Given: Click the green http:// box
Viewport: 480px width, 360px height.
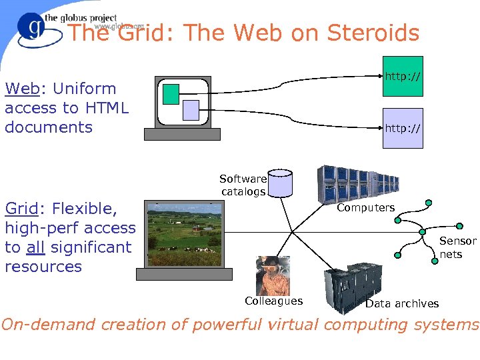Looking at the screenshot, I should [x=403, y=76].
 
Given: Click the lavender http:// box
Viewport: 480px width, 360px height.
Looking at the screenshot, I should [x=403, y=127].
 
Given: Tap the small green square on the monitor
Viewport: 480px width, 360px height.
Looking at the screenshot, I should [x=171, y=93].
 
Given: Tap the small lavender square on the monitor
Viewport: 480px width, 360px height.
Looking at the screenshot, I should [x=191, y=109].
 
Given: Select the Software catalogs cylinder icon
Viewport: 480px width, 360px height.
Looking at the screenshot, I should [x=280, y=183].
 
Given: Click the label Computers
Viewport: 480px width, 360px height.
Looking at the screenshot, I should [x=365, y=207].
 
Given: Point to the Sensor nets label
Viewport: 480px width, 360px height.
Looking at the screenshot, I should [x=458, y=247].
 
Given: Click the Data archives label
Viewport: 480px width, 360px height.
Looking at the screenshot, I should [x=402, y=303].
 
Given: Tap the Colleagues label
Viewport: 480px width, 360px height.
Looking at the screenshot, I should [x=273, y=301].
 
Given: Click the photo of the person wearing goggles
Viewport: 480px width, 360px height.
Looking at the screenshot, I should [x=273, y=275].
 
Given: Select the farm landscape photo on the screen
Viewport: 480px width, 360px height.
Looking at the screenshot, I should [x=184, y=234].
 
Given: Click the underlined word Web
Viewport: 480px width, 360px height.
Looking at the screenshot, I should [x=22, y=89].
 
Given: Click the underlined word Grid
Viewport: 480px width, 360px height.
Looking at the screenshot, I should [x=21, y=209].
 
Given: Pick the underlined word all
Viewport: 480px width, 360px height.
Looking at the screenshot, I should [x=36, y=247].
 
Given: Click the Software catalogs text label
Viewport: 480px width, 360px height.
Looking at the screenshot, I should [x=243, y=185].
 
